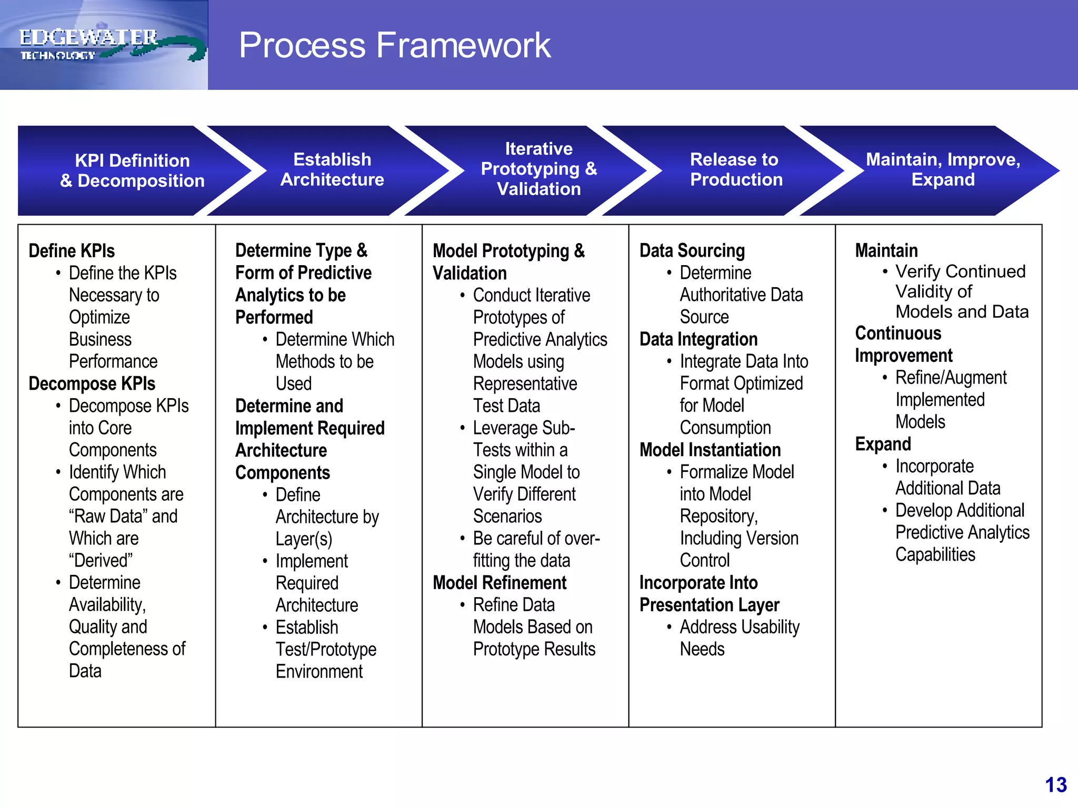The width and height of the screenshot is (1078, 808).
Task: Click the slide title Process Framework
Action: point(394,45)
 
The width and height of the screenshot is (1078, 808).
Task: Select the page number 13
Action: point(1055,785)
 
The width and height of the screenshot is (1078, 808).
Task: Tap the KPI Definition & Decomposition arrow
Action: point(132,170)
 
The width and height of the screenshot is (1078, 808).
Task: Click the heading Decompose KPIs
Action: point(92,383)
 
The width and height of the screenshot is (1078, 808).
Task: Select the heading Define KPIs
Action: point(72,251)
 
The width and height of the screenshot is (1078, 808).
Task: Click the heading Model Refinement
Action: point(499,583)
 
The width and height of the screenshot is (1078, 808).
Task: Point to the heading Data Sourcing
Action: point(692,251)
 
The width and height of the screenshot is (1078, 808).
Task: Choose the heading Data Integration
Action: point(698,339)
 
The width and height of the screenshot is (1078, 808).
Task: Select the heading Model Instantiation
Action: point(710,450)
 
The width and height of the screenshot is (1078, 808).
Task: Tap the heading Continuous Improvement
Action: point(903,345)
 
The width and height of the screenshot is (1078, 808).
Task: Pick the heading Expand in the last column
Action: point(883,444)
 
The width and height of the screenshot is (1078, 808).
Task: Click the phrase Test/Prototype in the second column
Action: point(326,649)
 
